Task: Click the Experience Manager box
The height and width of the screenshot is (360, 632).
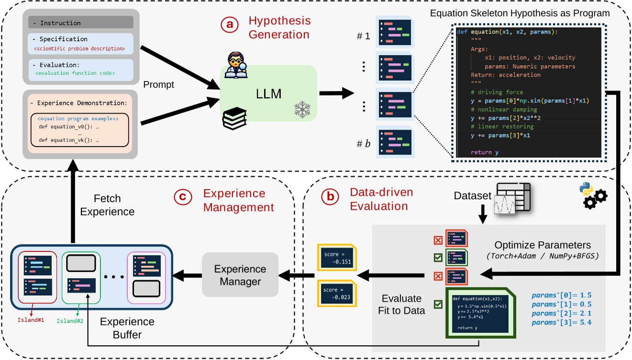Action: tap(240, 275)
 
